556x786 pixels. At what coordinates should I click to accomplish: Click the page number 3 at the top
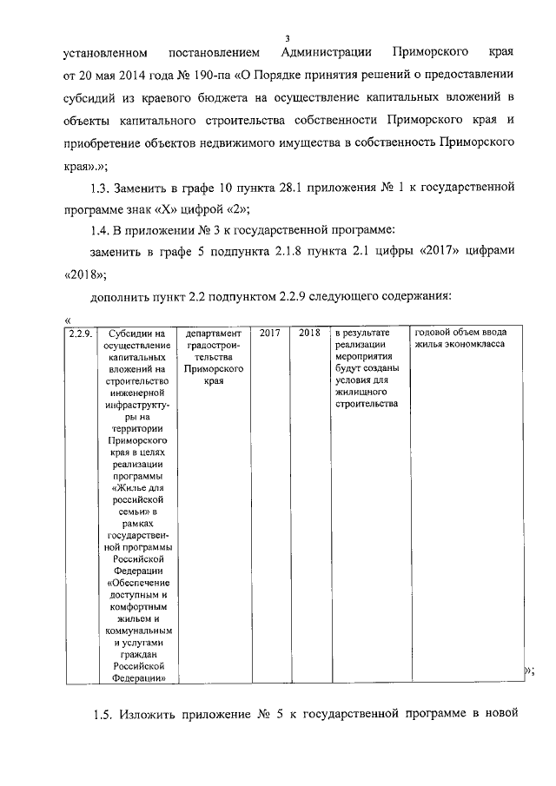click(287, 37)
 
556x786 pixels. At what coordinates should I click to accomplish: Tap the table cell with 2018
click(308, 334)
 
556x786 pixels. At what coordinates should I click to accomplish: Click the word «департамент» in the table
click(208, 334)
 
